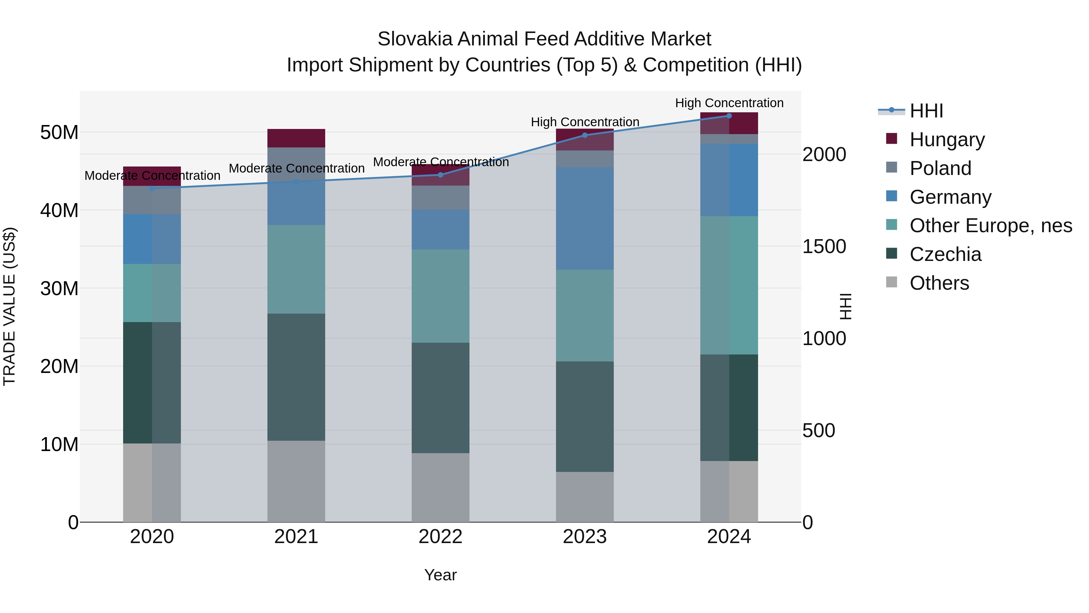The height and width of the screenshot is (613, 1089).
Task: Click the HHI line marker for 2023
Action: tap(585, 135)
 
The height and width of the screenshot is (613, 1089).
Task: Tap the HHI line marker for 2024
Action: tap(729, 116)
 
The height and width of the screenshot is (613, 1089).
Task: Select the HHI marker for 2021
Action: tap(296, 182)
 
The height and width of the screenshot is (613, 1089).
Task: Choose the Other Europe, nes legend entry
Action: tap(990, 226)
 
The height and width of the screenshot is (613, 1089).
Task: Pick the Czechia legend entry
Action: tap(945, 254)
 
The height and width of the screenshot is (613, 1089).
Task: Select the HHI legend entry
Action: tap(926, 111)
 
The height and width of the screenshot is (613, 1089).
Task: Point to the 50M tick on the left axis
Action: tap(59, 132)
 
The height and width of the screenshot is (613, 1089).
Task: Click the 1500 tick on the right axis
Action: tap(824, 247)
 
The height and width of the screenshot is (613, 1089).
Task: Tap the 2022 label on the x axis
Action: tap(440, 537)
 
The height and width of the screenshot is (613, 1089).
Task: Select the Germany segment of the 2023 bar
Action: tap(585, 218)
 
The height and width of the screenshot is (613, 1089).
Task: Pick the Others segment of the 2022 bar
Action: tap(440, 487)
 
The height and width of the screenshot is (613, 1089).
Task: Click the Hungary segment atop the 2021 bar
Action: tap(296, 138)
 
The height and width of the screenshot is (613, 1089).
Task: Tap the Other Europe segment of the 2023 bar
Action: tap(585, 316)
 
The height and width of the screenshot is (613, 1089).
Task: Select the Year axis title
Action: tap(440, 575)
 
